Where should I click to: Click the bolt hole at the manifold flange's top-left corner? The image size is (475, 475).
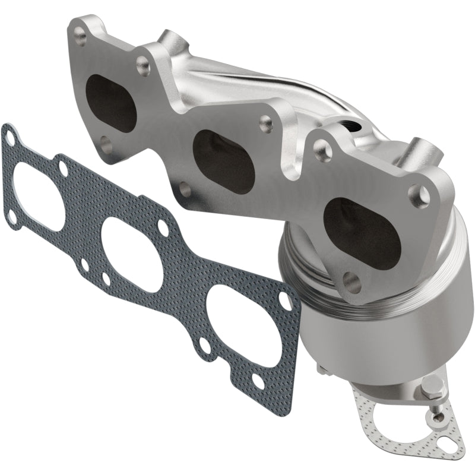[81, 36]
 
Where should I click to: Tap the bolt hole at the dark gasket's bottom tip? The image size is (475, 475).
[258, 380]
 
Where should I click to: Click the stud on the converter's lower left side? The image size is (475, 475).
[320, 371]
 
